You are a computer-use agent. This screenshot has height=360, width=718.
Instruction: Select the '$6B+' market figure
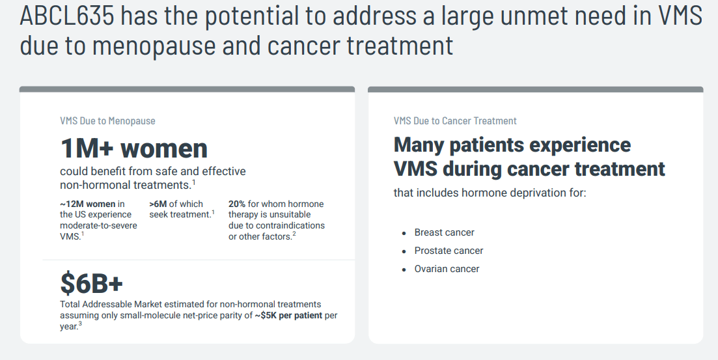[x=92, y=283]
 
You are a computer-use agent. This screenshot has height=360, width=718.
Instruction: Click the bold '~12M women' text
[x=87, y=204]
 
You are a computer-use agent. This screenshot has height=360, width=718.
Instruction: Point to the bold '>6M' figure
[x=158, y=204]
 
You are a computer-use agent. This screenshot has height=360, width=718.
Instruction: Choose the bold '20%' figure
[x=237, y=204]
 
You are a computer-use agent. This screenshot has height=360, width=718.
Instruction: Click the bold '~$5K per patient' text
[x=288, y=316]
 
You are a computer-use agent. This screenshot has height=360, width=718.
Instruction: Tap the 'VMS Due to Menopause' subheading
[x=107, y=121]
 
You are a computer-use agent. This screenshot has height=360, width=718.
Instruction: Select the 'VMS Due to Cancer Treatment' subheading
[x=455, y=121]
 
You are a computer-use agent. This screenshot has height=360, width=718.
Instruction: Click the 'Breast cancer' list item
[x=444, y=232]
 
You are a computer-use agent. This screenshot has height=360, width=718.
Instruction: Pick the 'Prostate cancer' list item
[x=449, y=251]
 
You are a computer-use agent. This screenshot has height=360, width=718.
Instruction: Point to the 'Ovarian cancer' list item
[x=447, y=270]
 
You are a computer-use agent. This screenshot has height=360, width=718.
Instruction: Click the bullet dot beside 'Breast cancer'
[x=404, y=234]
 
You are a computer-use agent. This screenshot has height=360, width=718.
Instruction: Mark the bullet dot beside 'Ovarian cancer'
[x=404, y=270]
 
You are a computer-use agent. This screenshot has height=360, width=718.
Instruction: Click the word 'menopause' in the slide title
[x=154, y=46]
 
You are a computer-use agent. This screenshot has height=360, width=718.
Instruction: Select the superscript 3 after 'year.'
[x=80, y=324]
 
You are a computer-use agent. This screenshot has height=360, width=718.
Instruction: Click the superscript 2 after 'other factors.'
[x=294, y=234]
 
